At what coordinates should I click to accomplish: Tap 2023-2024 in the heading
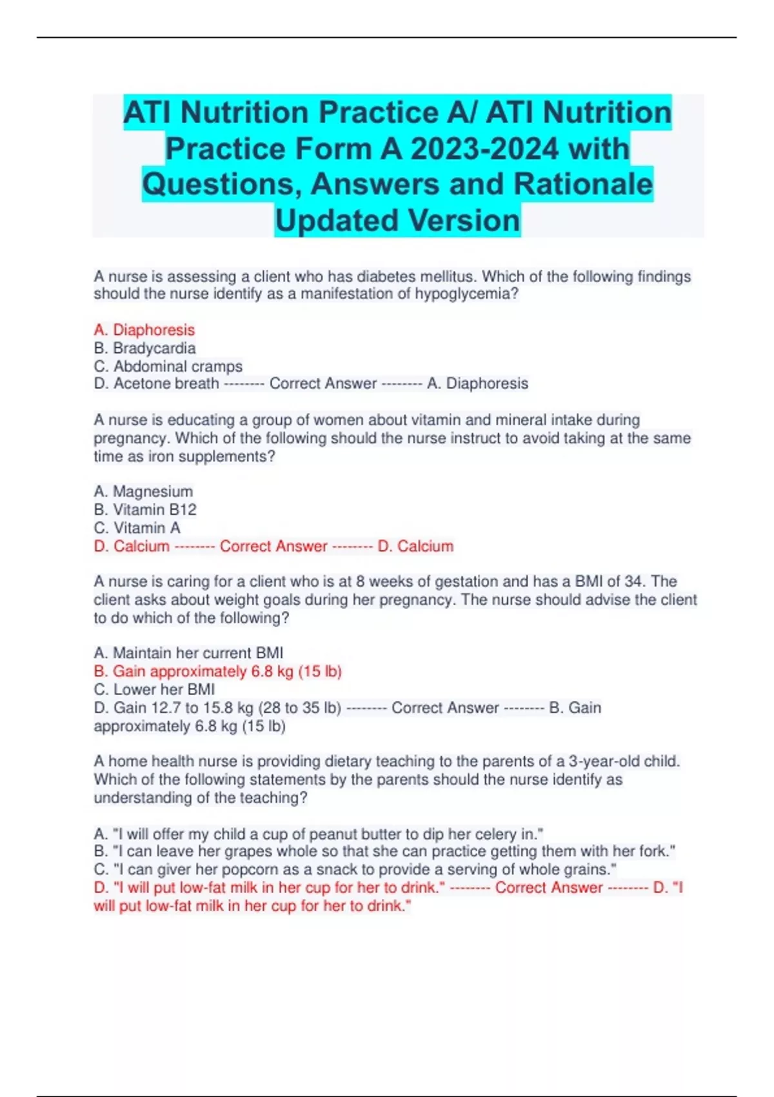[484, 149]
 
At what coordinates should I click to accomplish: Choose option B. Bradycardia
[144, 348]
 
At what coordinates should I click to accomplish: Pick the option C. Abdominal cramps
[168, 367]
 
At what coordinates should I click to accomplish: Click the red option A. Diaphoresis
[144, 330]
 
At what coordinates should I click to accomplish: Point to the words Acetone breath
[166, 384]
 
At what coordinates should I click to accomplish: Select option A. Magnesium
[143, 492]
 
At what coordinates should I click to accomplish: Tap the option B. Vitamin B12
[144, 510]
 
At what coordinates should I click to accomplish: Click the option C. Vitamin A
[137, 528]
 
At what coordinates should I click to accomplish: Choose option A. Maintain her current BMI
[188, 653]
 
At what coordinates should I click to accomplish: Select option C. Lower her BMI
[154, 690]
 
